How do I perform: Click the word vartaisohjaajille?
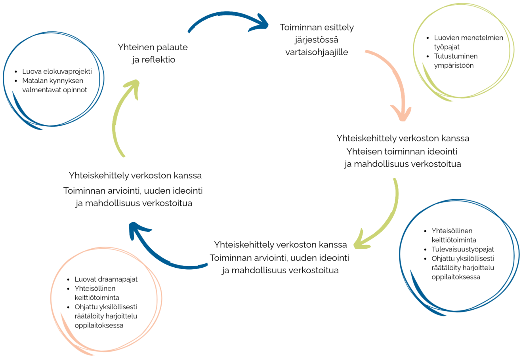(x=317, y=52)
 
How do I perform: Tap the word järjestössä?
(x=316, y=40)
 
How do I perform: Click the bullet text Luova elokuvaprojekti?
(x=57, y=71)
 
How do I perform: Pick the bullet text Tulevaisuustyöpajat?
(x=463, y=250)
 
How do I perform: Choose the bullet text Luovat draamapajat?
(x=106, y=279)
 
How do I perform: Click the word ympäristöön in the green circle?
(x=454, y=66)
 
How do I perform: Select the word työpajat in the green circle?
(x=447, y=47)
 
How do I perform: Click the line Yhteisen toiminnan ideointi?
(x=402, y=152)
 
